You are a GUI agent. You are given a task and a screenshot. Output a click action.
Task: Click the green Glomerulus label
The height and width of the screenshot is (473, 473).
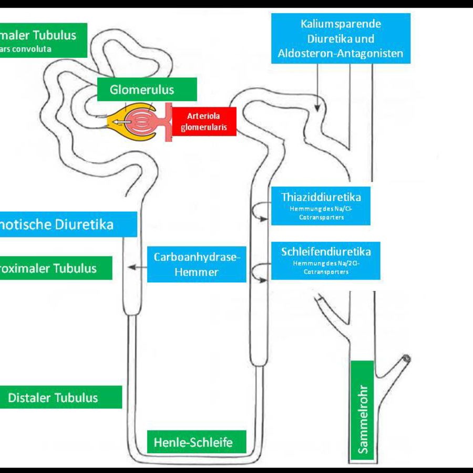(x=142, y=89)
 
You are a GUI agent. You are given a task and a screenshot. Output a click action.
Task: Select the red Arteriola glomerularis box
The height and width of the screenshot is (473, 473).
(x=204, y=121)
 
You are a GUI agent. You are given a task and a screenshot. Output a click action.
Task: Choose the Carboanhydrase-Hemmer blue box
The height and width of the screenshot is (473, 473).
(x=197, y=264)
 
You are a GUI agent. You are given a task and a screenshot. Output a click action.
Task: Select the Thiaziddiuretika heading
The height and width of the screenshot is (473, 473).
(x=321, y=197)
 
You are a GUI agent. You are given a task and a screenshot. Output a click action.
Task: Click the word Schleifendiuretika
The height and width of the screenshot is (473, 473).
(x=326, y=252)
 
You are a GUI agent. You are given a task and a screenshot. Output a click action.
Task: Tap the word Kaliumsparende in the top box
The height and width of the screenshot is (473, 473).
(x=341, y=24)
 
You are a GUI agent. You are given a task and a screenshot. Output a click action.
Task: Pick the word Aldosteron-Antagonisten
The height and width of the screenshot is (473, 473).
(x=341, y=53)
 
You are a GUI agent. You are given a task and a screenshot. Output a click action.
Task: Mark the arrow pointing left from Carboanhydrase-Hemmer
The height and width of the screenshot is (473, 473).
(x=137, y=268)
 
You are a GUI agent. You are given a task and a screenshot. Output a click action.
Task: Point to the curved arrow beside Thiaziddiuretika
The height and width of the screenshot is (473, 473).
(x=258, y=212)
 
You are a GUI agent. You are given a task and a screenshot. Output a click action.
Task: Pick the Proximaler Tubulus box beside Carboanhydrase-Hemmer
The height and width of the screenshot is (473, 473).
(x=58, y=268)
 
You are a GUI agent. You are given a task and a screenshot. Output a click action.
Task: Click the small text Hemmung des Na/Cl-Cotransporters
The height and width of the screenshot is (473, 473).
(x=321, y=213)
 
